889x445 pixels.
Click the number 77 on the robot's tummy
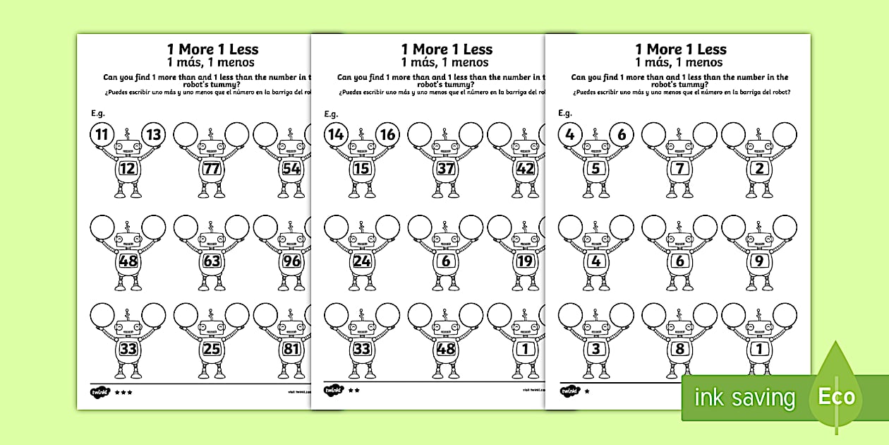click(211, 169)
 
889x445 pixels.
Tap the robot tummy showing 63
click(211, 261)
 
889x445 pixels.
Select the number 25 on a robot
click(211, 348)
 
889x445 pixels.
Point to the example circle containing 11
click(102, 134)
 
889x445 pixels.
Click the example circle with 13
click(155, 134)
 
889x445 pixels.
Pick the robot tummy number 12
click(128, 169)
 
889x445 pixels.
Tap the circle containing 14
click(336, 134)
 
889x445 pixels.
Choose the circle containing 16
click(387, 134)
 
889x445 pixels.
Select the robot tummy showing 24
click(362, 261)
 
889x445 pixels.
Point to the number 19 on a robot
click(524, 261)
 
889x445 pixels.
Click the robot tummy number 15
click(362, 169)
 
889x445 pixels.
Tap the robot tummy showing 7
click(680, 169)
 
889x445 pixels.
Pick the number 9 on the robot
click(760, 261)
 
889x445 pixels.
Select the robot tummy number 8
click(680, 348)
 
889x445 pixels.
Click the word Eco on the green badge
click(836, 396)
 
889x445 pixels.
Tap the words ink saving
click(744, 398)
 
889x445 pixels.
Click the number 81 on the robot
click(291, 348)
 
